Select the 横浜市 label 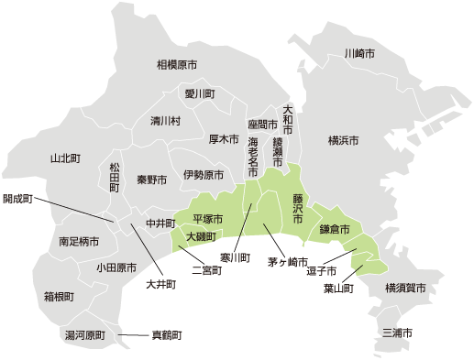click(343, 140)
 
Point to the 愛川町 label click(199, 93)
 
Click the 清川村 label click(166, 121)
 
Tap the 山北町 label click(65, 158)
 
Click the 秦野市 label click(152, 180)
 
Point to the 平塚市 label click(208, 219)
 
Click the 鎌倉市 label click(335, 229)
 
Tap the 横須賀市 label click(405, 288)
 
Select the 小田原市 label click(116, 268)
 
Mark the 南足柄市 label click(79, 243)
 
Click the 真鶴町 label click(167, 335)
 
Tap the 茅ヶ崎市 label click(288, 262)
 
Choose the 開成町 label click(17, 198)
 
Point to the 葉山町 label click(339, 289)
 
